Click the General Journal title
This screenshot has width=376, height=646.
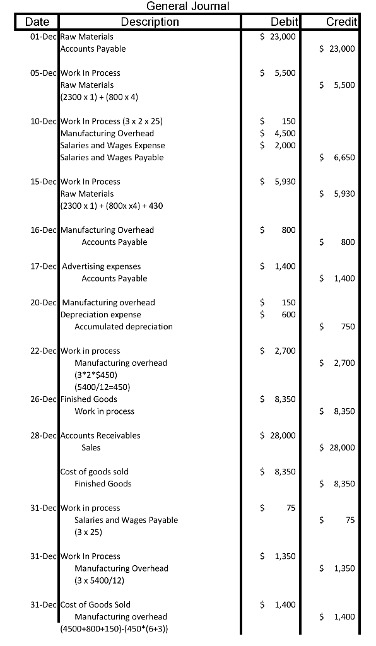tap(187, 6)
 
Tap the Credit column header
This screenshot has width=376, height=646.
tap(341, 22)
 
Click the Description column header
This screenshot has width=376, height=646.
tap(150, 22)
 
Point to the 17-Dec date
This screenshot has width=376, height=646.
tap(44, 266)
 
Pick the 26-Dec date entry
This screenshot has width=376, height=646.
tap(44, 399)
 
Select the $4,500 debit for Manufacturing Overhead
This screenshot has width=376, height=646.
tap(279, 133)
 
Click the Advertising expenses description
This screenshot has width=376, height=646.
tap(102, 266)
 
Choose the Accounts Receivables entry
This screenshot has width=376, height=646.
tap(100, 435)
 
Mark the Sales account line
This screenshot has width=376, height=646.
tap(91, 447)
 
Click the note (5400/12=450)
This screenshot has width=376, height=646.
tap(102, 387)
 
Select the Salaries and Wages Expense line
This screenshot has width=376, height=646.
tap(112, 145)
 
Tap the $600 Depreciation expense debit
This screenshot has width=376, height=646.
tap(279, 315)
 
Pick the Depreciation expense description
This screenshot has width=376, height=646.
tap(100, 315)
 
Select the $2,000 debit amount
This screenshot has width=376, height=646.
tap(279, 145)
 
